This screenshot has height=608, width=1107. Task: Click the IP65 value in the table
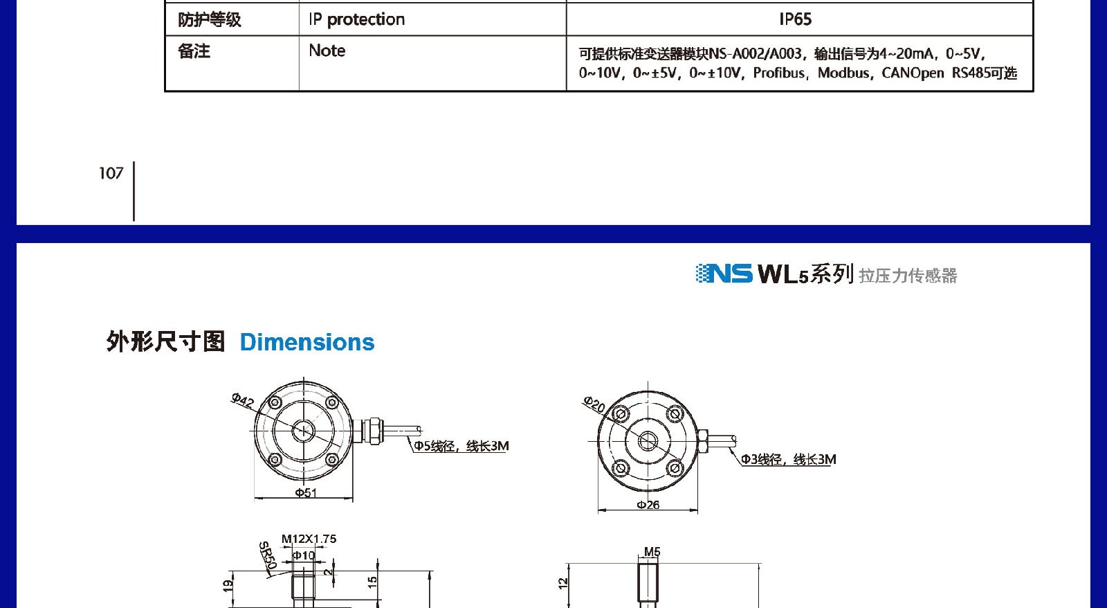click(x=795, y=19)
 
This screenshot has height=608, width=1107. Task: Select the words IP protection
click(x=357, y=20)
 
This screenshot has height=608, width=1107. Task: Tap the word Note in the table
click(x=327, y=51)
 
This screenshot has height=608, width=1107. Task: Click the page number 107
click(x=111, y=173)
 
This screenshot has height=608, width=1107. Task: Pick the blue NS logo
click(x=724, y=274)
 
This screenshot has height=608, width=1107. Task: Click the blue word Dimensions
click(x=307, y=342)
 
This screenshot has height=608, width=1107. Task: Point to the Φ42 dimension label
click(x=242, y=401)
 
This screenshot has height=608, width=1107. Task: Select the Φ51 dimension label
click(x=306, y=493)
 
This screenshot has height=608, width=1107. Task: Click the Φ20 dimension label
click(x=594, y=404)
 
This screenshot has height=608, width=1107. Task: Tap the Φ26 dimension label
click(x=648, y=505)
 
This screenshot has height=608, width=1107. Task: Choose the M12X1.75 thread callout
click(x=309, y=539)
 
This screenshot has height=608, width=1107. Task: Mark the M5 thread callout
click(x=652, y=552)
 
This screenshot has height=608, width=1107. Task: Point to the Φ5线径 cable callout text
click(x=461, y=446)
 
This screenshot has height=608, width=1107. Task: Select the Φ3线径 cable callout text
click(x=789, y=460)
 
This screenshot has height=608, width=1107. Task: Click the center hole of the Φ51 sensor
click(x=303, y=431)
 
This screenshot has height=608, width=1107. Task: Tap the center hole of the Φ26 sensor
click(x=648, y=441)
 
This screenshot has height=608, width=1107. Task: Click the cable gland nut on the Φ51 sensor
click(x=373, y=431)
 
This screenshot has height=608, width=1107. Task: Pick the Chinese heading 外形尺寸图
click(x=165, y=342)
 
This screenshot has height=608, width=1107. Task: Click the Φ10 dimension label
click(x=304, y=555)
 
